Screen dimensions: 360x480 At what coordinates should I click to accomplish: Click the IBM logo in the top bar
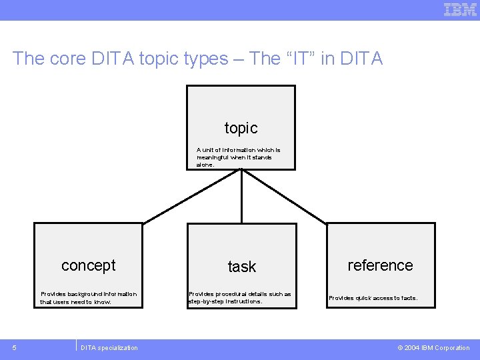[x=460, y=9]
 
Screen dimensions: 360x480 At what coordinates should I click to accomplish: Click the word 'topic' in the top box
[x=241, y=127]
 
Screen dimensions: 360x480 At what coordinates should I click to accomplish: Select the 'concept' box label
[x=89, y=265]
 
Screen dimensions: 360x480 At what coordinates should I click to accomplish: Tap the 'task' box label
[x=241, y=267]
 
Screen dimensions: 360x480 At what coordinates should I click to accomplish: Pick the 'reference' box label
[x=380, y=265]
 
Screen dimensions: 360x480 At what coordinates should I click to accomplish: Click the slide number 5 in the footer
[x=14, y=347]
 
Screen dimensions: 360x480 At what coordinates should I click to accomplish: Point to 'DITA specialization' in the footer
[x=109, y=347]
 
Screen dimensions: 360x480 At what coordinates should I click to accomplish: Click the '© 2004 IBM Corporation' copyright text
[x=433, y=347]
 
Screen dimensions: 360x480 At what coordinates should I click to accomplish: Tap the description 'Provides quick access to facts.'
[x=373, y=298]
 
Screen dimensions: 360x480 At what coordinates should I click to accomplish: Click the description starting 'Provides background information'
[x=88, y=297]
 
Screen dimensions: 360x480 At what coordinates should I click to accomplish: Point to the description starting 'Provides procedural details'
[x=239, y=297]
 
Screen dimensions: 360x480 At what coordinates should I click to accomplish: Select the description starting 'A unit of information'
[x=238, y=157]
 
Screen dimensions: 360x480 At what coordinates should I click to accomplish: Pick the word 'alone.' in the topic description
[x=205, y=165]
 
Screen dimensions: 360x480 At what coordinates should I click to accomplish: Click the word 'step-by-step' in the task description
[x=205, y=301]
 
